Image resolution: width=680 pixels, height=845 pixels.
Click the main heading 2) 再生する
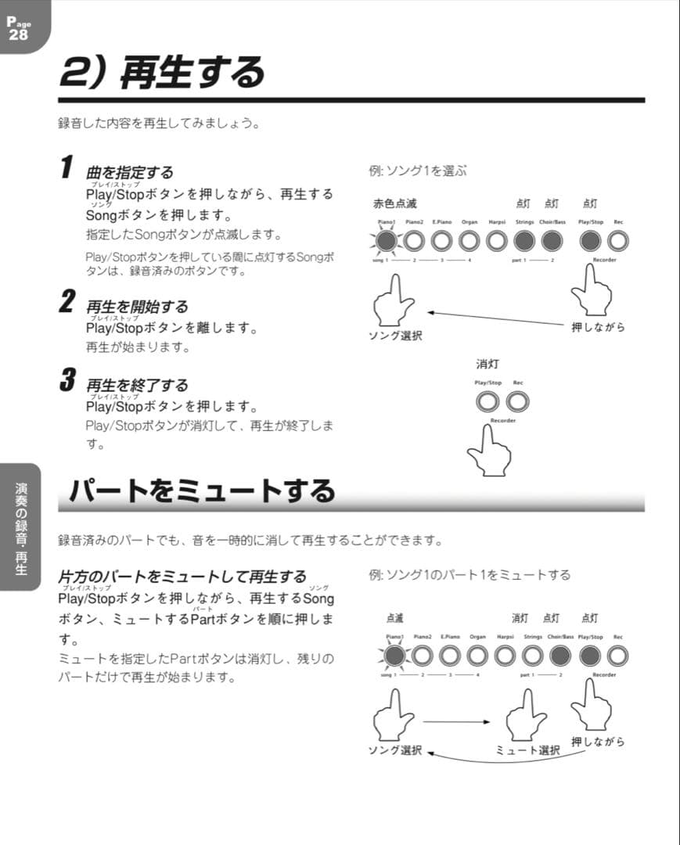[162, 73]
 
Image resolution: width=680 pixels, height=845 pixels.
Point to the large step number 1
[68, 167]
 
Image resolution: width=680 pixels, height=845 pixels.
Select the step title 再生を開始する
[137, 307]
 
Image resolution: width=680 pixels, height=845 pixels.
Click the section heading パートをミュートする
[201, 491]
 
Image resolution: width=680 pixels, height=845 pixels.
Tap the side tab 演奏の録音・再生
[21, 528]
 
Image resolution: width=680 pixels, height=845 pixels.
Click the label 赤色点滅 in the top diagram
[395, 203]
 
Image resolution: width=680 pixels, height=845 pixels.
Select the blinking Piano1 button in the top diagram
[387, 241]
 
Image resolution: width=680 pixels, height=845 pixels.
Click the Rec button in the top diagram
[618, 241]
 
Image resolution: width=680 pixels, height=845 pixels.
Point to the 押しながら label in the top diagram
[599, 327]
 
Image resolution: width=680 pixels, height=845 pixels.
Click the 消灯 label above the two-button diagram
[488, 365]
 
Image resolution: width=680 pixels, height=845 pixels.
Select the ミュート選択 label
[528, 750]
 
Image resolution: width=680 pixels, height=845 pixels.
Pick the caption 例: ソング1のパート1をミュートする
[470, 575]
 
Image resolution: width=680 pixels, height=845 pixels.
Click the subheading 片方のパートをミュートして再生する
[182, 577]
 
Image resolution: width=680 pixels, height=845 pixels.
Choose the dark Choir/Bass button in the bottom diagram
[562, 655]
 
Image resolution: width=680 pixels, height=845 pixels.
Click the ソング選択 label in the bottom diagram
[395, 750]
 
